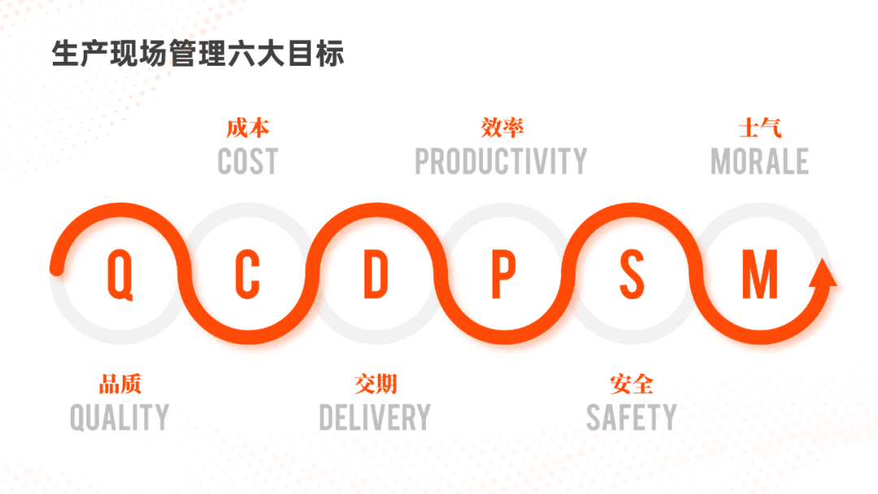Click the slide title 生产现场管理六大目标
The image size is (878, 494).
[198, 54]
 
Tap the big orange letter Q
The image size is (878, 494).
[120, 275]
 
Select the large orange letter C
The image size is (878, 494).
[247, 274]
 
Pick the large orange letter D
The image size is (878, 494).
[376, 274]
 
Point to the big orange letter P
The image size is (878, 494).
[503, 274]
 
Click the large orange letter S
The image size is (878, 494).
[632, 274]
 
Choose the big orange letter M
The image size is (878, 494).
[760, 274]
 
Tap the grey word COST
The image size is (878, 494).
[247, 162]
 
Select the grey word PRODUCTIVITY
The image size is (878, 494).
[501, 162]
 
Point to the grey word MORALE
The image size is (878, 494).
[760, 162]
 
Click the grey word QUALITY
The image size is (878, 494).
[120, 418]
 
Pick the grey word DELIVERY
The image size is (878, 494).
[375, 418]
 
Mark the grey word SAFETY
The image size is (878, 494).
[632, 418]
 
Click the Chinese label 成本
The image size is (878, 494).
[247, 128]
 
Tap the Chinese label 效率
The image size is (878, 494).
[502, 128]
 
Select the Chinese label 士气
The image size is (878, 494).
[760, 128]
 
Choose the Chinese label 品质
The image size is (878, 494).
[120, 384]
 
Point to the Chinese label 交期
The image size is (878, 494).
[376, 384]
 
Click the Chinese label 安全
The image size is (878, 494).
[632, 384]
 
